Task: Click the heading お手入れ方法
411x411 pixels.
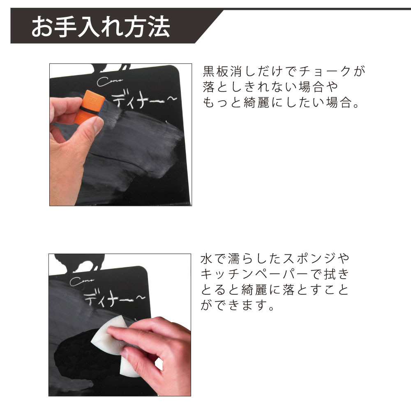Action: [100, 27]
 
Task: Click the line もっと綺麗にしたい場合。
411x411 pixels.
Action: [281, 102]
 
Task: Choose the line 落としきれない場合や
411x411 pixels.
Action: [270, 87]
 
